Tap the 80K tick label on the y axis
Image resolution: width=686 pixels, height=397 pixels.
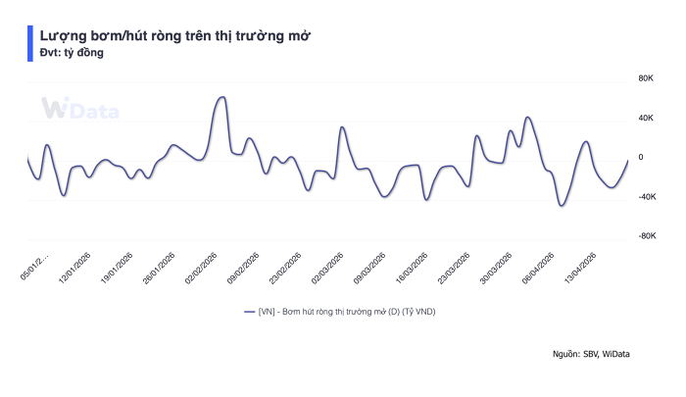(646, 77)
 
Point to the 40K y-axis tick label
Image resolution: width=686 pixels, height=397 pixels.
(646, 118)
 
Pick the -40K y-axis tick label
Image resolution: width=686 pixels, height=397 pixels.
(645, 197)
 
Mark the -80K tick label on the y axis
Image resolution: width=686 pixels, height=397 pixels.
(645, 236)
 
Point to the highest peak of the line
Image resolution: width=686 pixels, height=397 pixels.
(221, 97)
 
